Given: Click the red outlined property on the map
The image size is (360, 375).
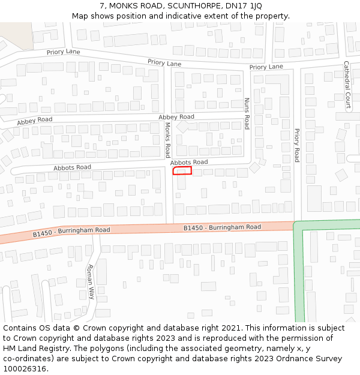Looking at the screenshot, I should tap(182, 171).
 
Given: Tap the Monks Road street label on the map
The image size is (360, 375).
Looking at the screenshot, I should tap(168, 139).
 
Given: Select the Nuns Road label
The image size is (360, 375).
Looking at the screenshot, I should tap(246, 114).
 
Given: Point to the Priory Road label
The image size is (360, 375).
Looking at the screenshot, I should tap(296, 145).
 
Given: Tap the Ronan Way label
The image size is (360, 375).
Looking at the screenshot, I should tap(91, 281).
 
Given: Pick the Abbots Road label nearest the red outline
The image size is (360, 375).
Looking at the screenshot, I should tap(189, 162).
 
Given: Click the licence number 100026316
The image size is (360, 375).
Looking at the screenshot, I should tap(25, 369).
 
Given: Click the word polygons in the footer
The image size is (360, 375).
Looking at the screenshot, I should tap(116, 349).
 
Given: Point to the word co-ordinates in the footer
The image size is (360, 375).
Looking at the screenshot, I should tap(26, 359).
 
